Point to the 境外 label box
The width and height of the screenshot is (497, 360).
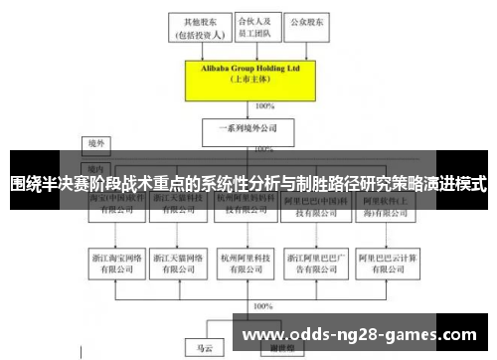(95, 142)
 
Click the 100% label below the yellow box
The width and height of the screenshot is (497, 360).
(264, 105)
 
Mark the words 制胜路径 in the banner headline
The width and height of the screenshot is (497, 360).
(330, 183)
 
